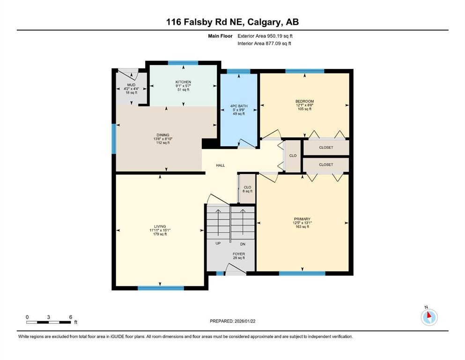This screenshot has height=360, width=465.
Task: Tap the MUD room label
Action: coord(131,85)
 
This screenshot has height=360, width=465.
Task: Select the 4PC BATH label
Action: coord(239,106)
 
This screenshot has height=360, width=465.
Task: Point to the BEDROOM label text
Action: coord(304,101)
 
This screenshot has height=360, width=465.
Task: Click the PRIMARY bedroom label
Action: coord(302,219)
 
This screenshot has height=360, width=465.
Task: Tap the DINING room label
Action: coord(163,135)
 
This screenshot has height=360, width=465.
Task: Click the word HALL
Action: coord(220,165)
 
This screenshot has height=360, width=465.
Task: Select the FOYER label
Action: coord(239,254)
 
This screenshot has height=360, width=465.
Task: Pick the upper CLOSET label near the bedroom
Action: coord(326,148)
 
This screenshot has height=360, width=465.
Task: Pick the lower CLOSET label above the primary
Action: coord(326,165)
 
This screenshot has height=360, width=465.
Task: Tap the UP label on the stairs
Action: coord(218,244)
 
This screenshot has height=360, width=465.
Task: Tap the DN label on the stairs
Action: coord(243,244)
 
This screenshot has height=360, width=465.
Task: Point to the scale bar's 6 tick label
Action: coord(71,317)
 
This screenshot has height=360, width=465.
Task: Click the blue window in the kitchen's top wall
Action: coord(183,62)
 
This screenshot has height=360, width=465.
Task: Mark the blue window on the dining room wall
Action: coord(113,139)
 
